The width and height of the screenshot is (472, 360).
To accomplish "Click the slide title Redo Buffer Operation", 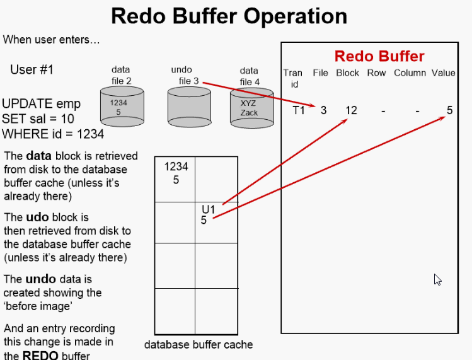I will pos(229,16).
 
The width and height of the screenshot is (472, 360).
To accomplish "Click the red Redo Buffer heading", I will pos(379,56).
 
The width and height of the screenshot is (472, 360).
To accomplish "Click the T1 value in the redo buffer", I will pos(299,110).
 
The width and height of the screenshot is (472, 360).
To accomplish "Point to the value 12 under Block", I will pos(351,110).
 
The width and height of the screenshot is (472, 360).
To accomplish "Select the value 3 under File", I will pos(323,110).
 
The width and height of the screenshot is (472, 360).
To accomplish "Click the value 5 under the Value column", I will pos(449,110).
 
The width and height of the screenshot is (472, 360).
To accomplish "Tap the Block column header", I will pos(347,73).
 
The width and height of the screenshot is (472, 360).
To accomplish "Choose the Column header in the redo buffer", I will pos(410,73).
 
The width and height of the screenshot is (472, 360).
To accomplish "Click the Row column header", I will pos(376,73).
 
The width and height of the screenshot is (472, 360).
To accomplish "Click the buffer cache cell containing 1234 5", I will pos(175,179).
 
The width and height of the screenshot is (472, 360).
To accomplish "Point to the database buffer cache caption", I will pos(199,344).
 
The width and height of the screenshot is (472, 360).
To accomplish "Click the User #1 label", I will pos(32,69).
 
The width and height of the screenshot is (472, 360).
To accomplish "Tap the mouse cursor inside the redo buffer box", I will pos(437,279).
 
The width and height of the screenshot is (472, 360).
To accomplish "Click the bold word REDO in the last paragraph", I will pos(40,354).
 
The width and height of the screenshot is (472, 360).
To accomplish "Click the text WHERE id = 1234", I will pos(53,133).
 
